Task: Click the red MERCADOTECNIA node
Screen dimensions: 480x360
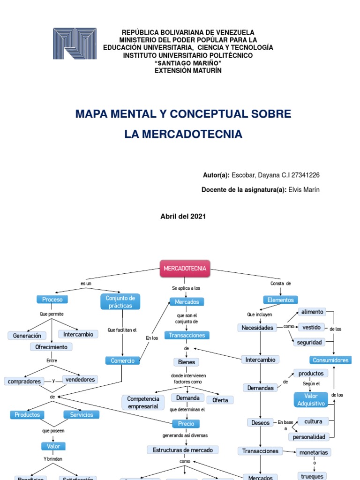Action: click(x=185, y=269)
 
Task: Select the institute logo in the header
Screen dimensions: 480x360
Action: click(x=75, y=44)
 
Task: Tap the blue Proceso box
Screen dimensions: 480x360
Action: click(x=52, y=299)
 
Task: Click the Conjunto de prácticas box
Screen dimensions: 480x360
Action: click(x=120, y=301)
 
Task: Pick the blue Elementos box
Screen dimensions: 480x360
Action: click(x=280, y=300)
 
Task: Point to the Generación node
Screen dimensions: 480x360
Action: click(x=27, y=335)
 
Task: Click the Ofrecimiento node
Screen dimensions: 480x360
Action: click(x=52, y=347)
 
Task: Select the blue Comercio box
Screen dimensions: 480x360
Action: click(x=122, y=360)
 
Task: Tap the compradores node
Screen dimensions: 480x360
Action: click(x=24, y=381)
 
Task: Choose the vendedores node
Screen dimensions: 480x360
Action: click(x=80, y=379)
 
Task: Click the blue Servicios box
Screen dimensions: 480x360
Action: click(x=82, y=414)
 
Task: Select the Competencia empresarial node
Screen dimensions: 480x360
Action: click(x=143, y=402)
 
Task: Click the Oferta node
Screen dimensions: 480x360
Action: click(x=220, y=400)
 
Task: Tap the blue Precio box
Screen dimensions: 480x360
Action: click(x=186, y=423)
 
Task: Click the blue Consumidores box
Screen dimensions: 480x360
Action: click(x=330, y=360)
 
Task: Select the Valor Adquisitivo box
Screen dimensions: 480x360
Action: click(x=311, y=399)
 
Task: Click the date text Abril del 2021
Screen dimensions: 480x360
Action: click(x=183, y=216)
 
